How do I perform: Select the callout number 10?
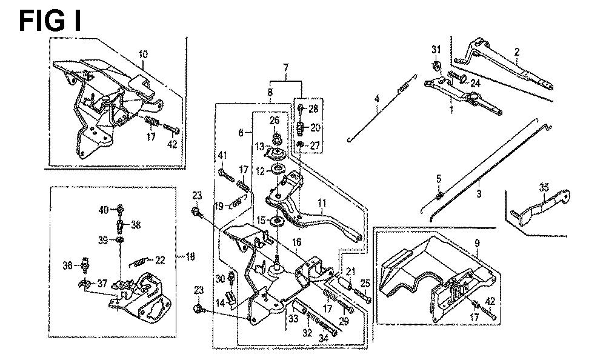pyautogui.click(x=144, y=54)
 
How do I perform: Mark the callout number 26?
pyautogui.click(x=274, y=119)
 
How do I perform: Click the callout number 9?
pyautogui.click(x=478, y=244)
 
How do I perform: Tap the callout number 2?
pyautogui.click(x=516, y=52)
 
